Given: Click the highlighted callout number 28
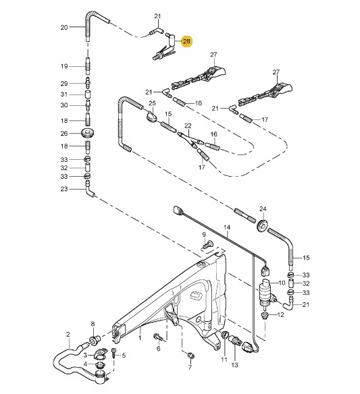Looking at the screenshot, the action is (x=186, y=41).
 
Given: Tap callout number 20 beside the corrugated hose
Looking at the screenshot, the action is (x=64, y=27).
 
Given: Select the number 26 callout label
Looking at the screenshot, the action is (x=64, y=133).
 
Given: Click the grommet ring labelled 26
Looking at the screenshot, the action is (x=88, y=133).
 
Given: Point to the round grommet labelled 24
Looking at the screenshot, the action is (x=263, y=225).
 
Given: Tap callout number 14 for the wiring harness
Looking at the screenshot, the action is (x=227, y=227).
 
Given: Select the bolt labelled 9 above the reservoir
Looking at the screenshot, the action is (x=207, y=244).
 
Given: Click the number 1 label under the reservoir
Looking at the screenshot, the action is (x=140, y=337).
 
